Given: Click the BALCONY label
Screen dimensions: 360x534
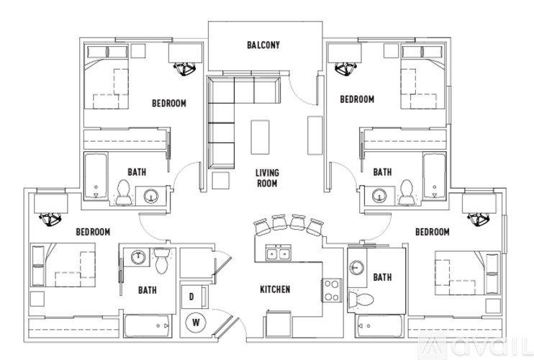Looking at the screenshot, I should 263,45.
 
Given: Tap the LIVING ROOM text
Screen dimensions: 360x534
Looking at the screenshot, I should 267,178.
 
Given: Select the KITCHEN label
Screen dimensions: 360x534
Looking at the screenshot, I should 275,289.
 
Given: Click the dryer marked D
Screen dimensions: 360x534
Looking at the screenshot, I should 193,295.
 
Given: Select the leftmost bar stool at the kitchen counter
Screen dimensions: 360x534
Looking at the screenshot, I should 261,228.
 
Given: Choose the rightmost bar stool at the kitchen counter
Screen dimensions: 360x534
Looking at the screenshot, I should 314,227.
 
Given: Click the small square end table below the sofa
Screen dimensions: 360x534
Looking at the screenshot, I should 222,179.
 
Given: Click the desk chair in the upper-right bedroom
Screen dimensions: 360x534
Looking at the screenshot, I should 345,70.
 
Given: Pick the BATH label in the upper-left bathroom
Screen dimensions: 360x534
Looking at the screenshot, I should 137,172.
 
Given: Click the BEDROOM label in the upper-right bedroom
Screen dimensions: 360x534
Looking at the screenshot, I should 356,99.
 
